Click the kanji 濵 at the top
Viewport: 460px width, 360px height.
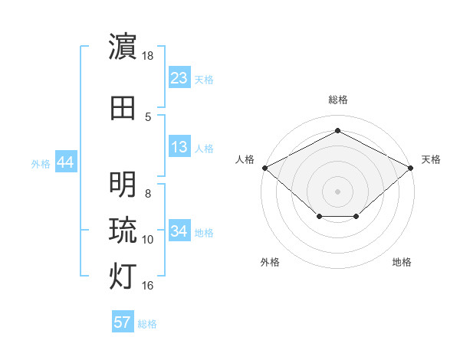tap(123, 46)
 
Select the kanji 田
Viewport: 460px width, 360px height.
tap(123, 108)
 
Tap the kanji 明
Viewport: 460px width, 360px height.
tap(123, 184)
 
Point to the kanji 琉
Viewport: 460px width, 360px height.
tap(123, 230)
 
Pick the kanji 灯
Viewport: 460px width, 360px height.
tap(123, 276)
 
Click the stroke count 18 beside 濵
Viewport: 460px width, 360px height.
tap(147, 56)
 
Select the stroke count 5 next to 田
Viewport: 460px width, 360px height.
tap(148, 117)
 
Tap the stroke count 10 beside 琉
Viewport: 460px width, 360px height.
tap(147, 240)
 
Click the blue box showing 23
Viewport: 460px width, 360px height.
tap(179, 77)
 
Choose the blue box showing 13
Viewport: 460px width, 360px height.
tap(179, 146)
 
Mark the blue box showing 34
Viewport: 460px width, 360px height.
tap(179, 230)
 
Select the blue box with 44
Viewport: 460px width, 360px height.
tap(66, 162)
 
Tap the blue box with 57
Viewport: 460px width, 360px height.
tap(123, 321)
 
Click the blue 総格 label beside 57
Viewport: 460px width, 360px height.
tap(147, 324)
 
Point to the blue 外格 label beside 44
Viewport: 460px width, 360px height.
tap(41, 164)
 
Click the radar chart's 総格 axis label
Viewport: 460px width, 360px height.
tap(338, 100)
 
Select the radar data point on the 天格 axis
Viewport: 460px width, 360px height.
tap(410, 168)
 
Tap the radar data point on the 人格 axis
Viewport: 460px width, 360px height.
tap(265, 168)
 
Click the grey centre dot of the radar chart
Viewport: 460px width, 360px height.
tap(337, 191)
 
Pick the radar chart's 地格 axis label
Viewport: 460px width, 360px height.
tap(402, 262)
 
